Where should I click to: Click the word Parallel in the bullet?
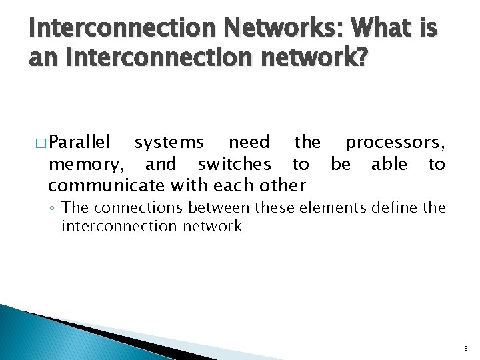(80, 142)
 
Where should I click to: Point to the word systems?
(169, 143)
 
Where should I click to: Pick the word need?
(249, 142)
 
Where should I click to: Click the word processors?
(395, 143)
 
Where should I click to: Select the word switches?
(234, 163)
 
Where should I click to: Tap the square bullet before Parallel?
(40, 143)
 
